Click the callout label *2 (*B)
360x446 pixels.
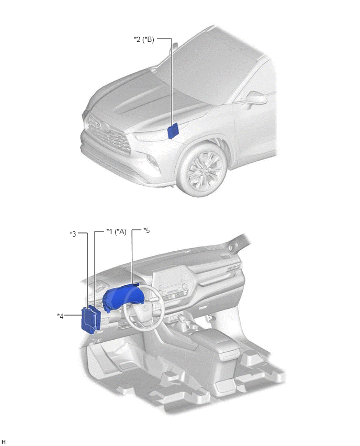pos(144,39)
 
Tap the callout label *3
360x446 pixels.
pos(73,234)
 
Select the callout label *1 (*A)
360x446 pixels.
pos(116,231)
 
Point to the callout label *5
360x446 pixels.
pos(147,230)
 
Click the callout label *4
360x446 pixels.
pos(60,316)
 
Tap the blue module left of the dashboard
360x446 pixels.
pos(91,319)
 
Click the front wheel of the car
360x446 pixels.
pos(203,169)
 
